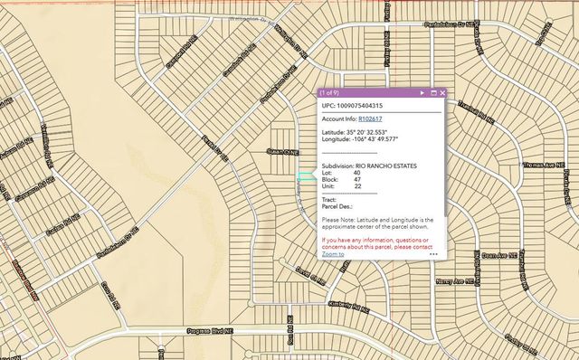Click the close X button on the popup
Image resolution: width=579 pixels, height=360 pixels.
pos(443,92)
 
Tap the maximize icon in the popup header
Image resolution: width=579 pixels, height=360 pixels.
pos(433,92)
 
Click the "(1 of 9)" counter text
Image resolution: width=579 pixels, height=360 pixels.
pos(329,92)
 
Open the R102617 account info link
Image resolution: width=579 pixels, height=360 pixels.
pos(370,118)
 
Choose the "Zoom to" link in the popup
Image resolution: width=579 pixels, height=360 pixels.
pos(332,254)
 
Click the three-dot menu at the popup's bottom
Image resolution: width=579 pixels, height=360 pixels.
pos(433,254)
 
